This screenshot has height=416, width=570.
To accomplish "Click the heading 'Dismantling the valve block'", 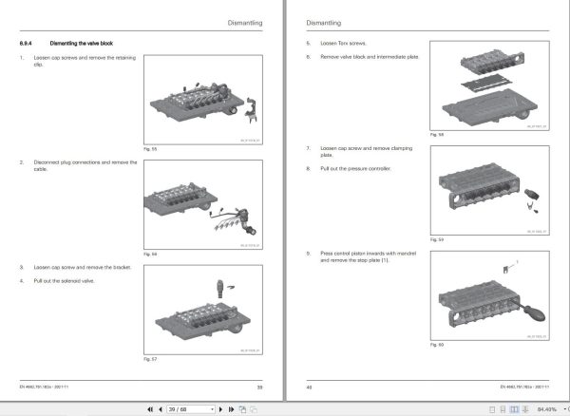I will pyautogui.click(x=84, y=44).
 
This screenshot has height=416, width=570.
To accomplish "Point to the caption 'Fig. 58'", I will pyautogui.click(x=436, y=136).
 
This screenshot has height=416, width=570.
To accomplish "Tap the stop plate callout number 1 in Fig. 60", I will pyautogui.click(x=517, y=258).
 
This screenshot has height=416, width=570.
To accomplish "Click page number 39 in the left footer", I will pyautogui.click(x=259, y=387).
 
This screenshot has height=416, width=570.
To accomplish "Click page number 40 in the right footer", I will pyautogui.click(x=309, y=387).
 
